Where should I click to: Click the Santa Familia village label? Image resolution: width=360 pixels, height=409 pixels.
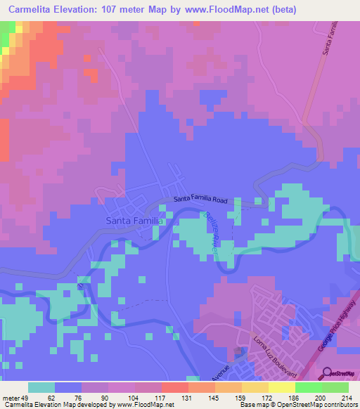click(x=134, y=220)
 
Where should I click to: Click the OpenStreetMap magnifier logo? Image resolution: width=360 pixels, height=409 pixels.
click(x=325, y=374)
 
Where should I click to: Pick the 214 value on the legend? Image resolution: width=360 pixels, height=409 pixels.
click(x=345, y=397)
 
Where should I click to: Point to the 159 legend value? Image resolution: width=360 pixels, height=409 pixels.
click(x=239, y=397)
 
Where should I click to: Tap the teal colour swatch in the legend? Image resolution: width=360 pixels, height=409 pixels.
click(x=41, y=387)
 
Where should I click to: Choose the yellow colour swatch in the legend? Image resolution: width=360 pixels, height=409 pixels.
click(x=281, y=387)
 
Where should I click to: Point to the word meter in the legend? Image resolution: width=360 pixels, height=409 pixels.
click(x=11, y=397)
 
